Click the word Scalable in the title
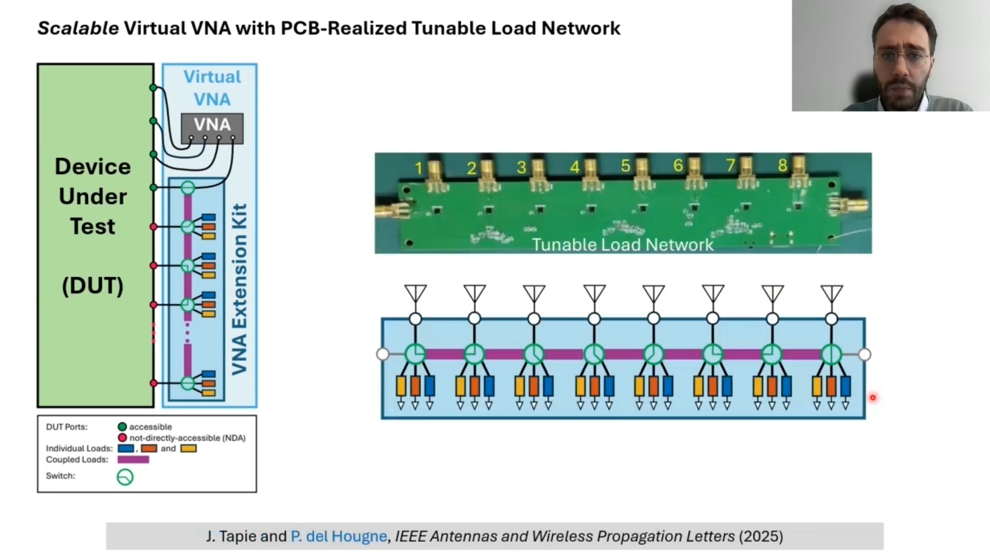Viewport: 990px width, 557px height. [78, 28]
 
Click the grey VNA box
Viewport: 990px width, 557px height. [212, 128]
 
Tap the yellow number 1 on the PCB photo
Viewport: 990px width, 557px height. [419, 168]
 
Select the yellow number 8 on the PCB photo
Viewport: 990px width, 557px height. [782, 166]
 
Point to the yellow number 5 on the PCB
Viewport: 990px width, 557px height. [625, 166]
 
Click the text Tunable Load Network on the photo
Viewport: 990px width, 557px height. [623, 244]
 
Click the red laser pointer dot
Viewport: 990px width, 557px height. [873, 398]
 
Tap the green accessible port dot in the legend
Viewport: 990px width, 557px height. [122, 427]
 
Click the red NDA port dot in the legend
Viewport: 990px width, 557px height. [122, 438]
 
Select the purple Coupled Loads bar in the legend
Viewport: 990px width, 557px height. [133, 460]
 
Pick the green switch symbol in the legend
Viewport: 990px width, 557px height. [125, 477]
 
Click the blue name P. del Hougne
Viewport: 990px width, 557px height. [339, 536]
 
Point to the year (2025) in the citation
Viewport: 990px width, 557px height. [761, 536]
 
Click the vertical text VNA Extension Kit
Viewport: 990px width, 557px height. [239, 289]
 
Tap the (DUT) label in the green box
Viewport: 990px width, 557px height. [93, 285]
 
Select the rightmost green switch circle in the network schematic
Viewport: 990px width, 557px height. [831, 355]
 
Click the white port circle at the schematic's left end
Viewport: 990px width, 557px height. [383, 354]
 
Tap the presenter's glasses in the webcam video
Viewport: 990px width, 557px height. [901, 58]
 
